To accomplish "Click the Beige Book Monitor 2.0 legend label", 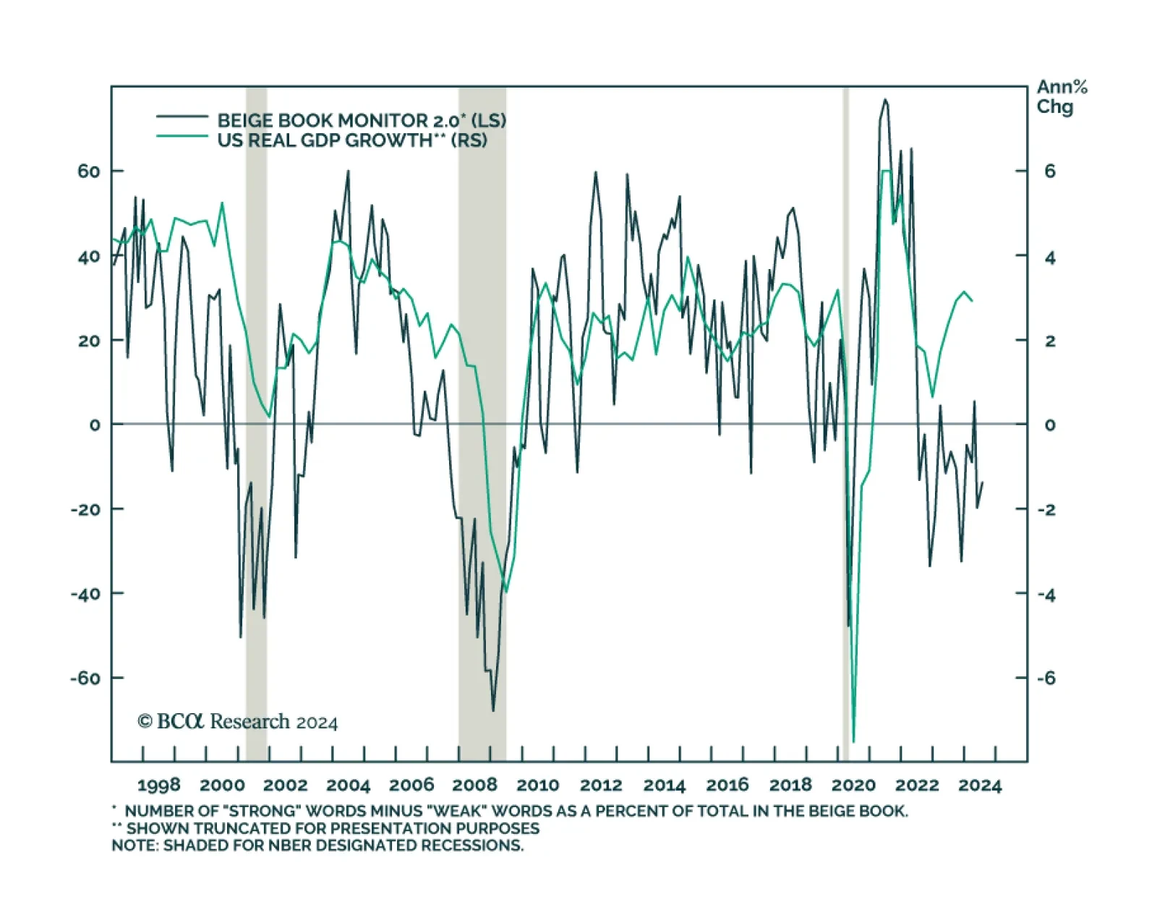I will (361, 120).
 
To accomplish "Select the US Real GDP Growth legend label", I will (352, 140).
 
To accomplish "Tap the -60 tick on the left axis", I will (86, 678).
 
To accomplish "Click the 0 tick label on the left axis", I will (95, 425).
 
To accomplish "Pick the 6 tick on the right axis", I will (1049, 171).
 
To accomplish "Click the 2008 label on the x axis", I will (475, 785).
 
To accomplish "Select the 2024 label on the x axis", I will (980, 785).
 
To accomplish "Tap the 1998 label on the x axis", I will (158, 785).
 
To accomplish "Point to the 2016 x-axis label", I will (727, 785).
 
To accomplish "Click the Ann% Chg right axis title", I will (1062, 97).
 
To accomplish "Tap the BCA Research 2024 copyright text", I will (237, 722).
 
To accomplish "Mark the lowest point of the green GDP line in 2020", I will (853, 741).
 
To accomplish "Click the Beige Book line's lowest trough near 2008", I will (493, 710).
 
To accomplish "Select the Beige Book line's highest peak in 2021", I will (885, 100).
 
